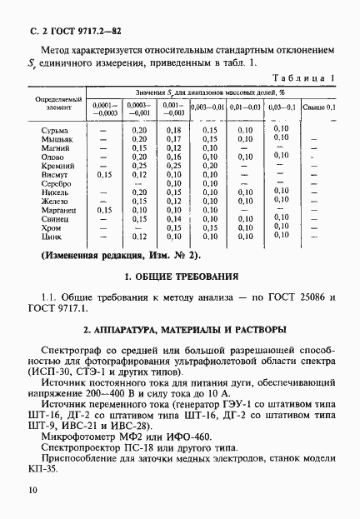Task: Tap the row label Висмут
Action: [x=53, y=175]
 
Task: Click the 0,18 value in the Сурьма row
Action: [x=173, y=131]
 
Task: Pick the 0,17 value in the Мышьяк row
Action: [x=173, y=140]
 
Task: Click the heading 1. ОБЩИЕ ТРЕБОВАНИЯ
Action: [x=180, y=276]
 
